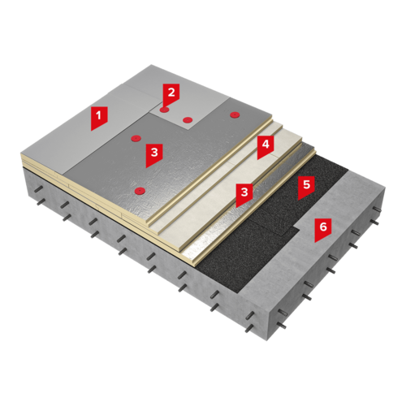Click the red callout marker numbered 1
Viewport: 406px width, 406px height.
coord(99,117)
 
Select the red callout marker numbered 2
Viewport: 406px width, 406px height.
coord(171,94)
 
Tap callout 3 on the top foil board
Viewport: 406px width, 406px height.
coord(154,154)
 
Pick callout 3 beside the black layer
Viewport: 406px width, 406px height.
coord(244,194)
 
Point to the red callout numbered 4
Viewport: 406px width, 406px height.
coord(266,146)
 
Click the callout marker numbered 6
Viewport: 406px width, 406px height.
coord(323,229)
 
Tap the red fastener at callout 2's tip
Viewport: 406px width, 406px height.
coord(164,110)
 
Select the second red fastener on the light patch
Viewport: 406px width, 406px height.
coord(188,119)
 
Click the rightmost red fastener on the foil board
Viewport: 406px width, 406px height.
coord(234,114)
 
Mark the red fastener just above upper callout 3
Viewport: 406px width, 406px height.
coord(136,139)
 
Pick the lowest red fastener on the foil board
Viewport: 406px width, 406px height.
coord(140,191)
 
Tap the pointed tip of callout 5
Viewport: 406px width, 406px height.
coord(298,200)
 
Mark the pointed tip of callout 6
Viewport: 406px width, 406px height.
coord(315,242)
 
